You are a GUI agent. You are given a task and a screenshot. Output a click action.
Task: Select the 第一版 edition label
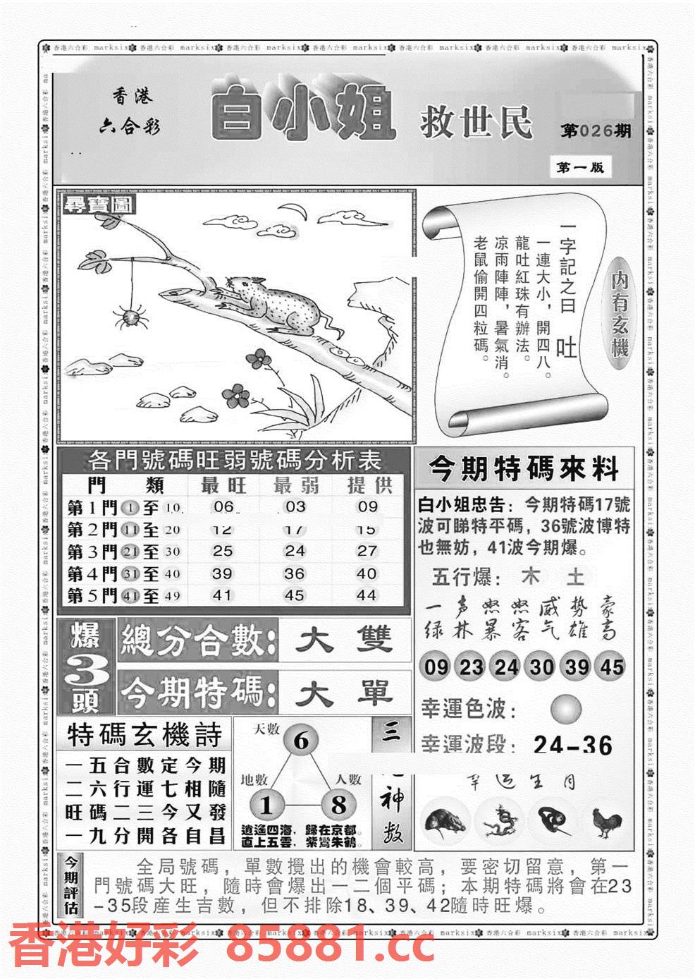[579, 167]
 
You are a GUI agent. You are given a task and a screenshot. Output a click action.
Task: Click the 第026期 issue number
[596, 130]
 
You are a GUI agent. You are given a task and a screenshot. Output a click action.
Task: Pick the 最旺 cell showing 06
[223, 506]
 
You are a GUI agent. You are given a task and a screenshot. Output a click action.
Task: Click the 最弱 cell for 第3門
[294, 551]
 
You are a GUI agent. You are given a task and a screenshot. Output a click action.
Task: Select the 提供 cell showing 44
[367, 595]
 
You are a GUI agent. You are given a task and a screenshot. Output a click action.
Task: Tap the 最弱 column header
[295, 485]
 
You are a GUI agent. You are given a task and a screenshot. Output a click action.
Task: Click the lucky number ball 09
[436, 667]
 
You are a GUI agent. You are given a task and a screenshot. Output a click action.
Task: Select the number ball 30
[541, 667]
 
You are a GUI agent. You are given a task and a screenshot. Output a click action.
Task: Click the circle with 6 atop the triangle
[302, 741]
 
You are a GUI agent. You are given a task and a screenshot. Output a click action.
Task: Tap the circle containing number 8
[338, 805]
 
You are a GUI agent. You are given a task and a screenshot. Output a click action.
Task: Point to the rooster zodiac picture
[605, 822]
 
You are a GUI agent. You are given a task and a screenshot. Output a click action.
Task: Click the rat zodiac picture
[443, 822]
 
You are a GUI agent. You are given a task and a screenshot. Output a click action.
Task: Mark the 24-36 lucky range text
[572, 745]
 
